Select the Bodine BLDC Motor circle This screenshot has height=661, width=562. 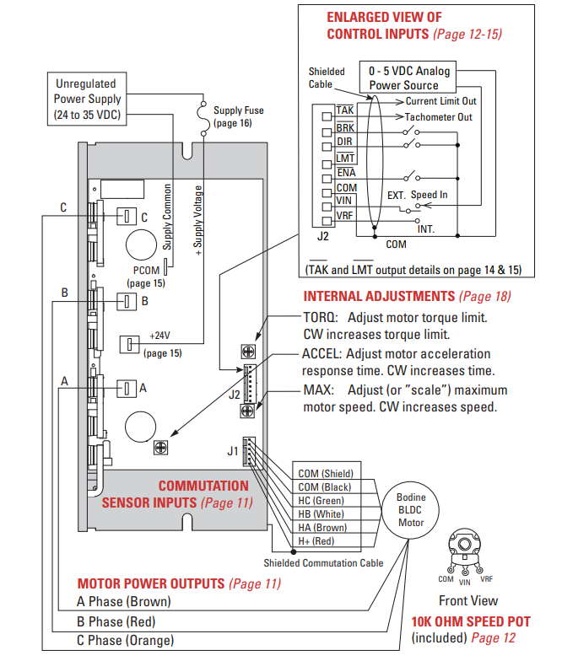411,510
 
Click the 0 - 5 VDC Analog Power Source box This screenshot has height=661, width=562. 409,78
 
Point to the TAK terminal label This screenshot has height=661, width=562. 344,110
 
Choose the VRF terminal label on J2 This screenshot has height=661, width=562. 345,216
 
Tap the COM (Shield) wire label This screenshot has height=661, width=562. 326,474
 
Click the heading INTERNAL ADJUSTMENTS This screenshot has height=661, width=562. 379,297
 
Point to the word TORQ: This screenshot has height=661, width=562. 322,318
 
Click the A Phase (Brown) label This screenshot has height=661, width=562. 123,601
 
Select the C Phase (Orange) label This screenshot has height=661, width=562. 126,640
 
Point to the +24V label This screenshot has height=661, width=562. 160,336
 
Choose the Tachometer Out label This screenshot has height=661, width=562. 438,117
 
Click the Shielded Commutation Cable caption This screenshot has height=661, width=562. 323,563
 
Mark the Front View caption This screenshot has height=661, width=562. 467,601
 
